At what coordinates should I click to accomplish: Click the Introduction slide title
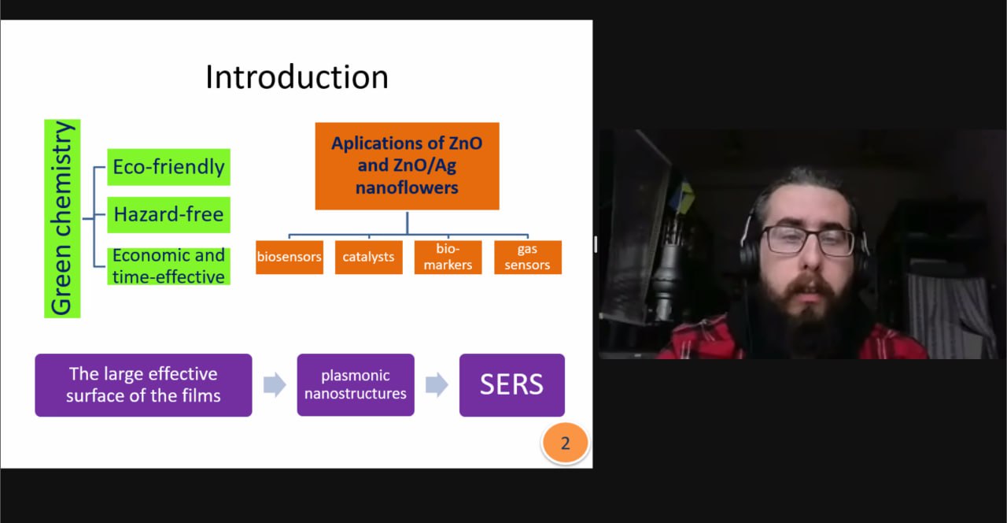click(297, 77)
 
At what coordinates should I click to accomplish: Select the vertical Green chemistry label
click(62, 218)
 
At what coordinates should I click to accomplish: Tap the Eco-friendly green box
click(168, 167)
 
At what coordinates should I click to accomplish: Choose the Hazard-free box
click(168, 215)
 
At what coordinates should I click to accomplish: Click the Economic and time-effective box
click(168, 266)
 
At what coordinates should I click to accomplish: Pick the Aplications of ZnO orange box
click(407, 165)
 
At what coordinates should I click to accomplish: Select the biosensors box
click(290, 257)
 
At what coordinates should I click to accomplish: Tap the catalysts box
click(369, 257)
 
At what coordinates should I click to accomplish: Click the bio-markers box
click(448, 257)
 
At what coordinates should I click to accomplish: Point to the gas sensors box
click(528, 257)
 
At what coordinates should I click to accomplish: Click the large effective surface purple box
click(143, 385)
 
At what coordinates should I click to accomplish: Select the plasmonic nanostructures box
click(356, 385)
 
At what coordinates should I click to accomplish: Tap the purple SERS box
click(512, 385)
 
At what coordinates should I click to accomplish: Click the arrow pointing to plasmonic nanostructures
click(275, 385)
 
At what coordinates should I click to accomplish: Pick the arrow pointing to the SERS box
click(437, 385)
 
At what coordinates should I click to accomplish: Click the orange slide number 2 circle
click(565, 443)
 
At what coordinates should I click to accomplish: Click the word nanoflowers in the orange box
click(407, 187)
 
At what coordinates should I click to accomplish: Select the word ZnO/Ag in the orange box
click(426, 165)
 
